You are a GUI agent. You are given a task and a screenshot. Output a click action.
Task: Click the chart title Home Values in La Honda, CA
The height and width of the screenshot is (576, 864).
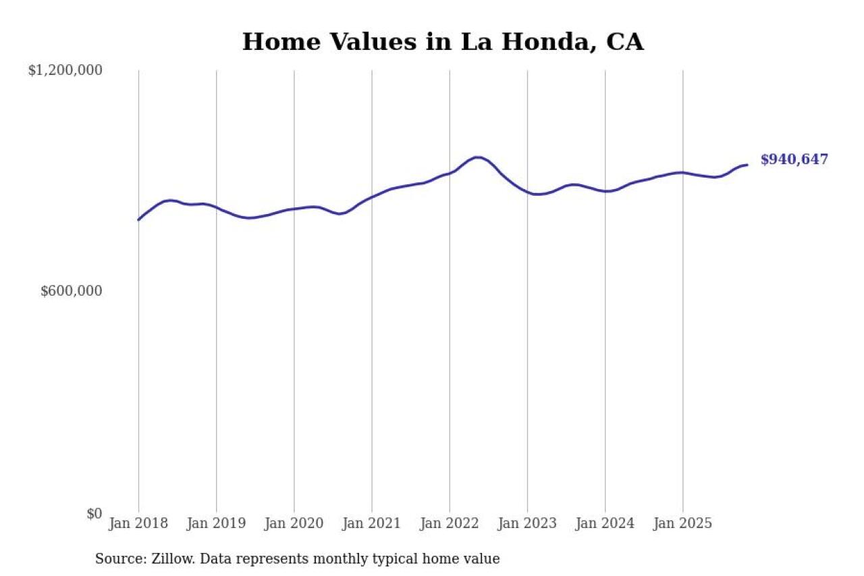tap(443, 42)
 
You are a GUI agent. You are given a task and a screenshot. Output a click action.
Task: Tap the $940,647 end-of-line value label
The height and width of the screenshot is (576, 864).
tap(794, 160)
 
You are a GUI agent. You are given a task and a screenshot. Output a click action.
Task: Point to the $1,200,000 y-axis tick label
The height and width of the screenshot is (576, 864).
tap(65, 70)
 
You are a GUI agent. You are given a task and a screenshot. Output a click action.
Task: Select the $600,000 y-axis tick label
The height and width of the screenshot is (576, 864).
tap(72, 291)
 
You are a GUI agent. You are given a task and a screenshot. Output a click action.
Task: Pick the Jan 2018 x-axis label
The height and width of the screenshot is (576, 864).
tap(138, 523)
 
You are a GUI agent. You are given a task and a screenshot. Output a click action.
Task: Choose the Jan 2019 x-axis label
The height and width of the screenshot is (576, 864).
tap(216, 523)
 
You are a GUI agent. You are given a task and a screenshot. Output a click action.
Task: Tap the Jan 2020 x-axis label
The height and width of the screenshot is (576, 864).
tap(294, 523)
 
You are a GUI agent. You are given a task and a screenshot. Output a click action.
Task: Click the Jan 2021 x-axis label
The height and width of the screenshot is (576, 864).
tap(371, 523)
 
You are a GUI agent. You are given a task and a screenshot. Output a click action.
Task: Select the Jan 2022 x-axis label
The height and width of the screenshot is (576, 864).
tap(450, 523)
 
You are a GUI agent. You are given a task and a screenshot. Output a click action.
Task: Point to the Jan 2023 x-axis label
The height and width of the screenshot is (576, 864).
tap(527, 523)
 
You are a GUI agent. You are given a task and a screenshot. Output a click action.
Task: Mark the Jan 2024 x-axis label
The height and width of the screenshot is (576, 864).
tap(605, 523)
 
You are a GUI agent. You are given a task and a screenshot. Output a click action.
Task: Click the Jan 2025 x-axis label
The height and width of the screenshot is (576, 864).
tap(682, 523)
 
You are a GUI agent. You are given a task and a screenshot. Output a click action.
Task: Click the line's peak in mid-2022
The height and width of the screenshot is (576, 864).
tap(477, 157)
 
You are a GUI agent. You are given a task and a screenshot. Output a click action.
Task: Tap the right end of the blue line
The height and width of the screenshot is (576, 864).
tap(747, 165)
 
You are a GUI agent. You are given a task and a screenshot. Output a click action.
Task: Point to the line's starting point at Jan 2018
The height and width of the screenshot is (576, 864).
tap(138, 219)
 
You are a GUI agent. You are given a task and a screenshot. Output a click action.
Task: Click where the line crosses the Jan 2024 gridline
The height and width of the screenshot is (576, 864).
tap(605, 191)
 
